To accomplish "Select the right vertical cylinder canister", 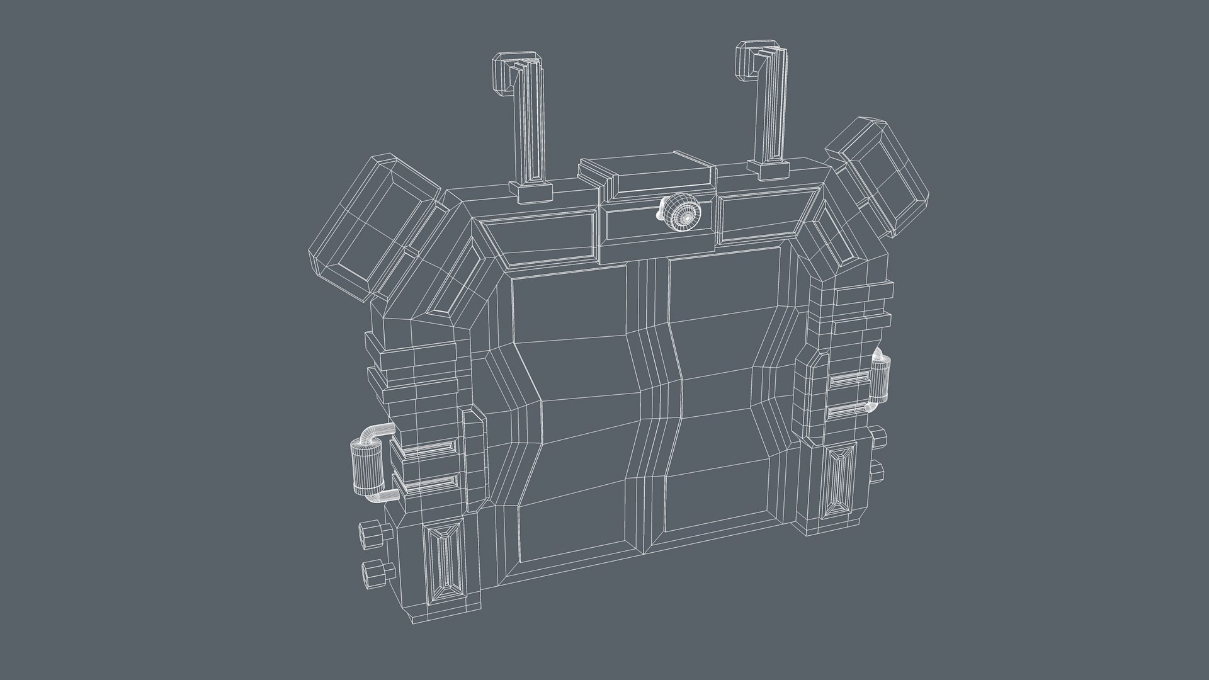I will tap(881, 378).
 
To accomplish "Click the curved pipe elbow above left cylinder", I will tap(377, 433).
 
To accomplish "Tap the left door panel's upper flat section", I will tap(570, 309).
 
